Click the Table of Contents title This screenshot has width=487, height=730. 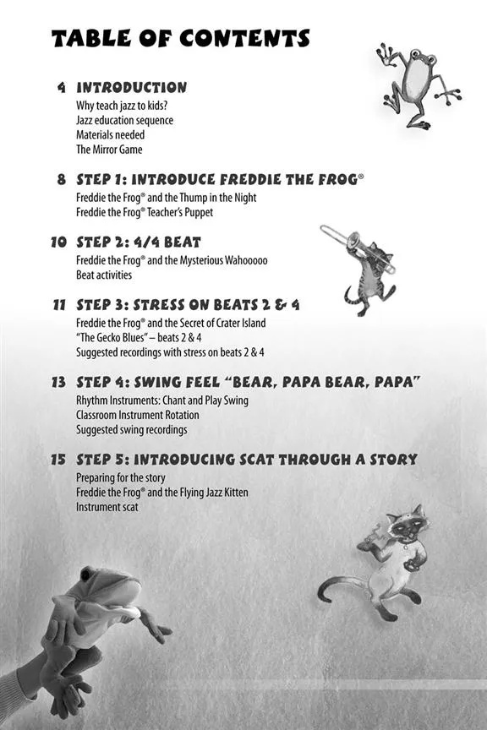pos(180,38)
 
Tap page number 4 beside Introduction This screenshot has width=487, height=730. pos(62,88)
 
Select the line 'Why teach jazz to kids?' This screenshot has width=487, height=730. pos(122,106)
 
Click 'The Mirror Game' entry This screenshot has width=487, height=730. pos(109,150)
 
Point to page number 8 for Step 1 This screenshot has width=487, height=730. pos(62,179)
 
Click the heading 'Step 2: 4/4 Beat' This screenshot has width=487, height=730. pos(139,242)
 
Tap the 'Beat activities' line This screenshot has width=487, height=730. pos(104,275)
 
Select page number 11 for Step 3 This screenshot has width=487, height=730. pos(58,305)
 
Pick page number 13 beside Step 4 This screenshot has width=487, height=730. pos(58,382)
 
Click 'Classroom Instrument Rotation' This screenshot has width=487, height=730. pos(138,415)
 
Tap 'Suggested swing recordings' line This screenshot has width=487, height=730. pos(131,430)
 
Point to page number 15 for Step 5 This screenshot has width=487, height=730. pos(58,460)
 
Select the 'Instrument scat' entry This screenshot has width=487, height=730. pos(107,507)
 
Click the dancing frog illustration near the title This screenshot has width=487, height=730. pos(417,84)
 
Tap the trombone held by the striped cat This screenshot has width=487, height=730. pos(357,247)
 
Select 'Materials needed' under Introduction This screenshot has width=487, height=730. pos(111,135)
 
